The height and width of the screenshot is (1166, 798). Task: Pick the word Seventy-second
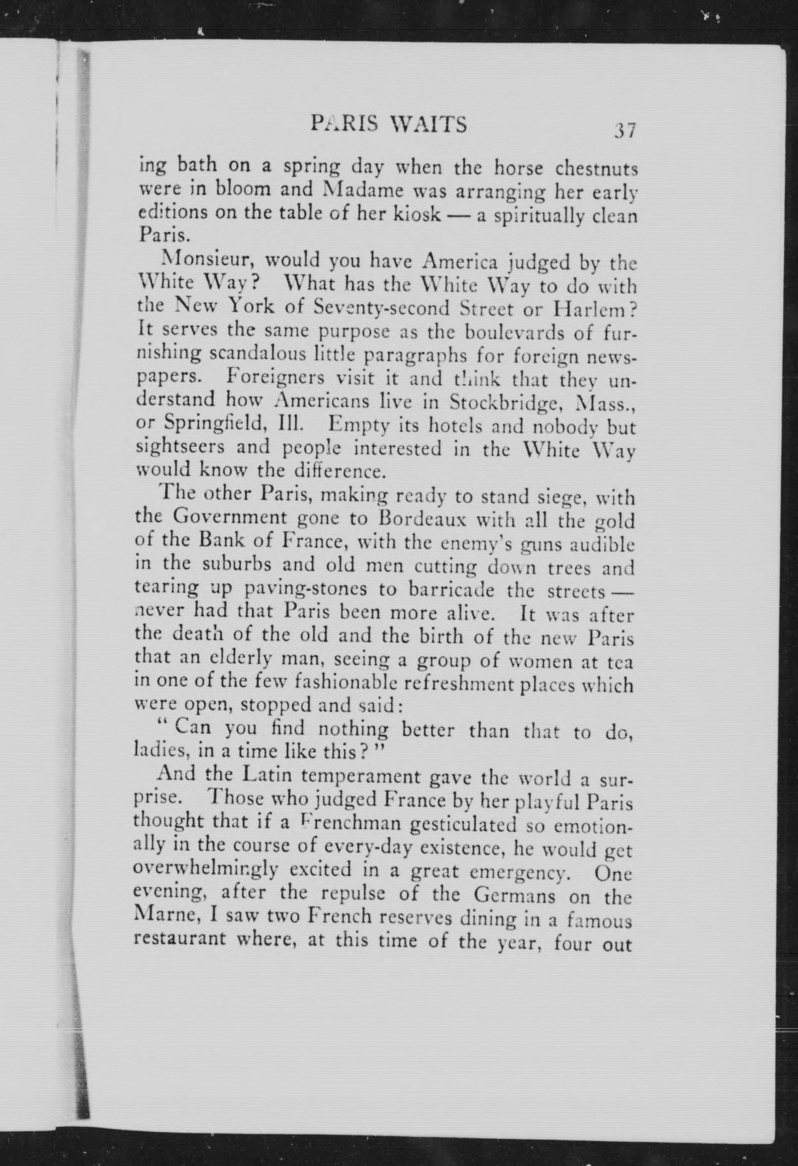point(381,308)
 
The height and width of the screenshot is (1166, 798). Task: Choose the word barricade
point(452,590)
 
